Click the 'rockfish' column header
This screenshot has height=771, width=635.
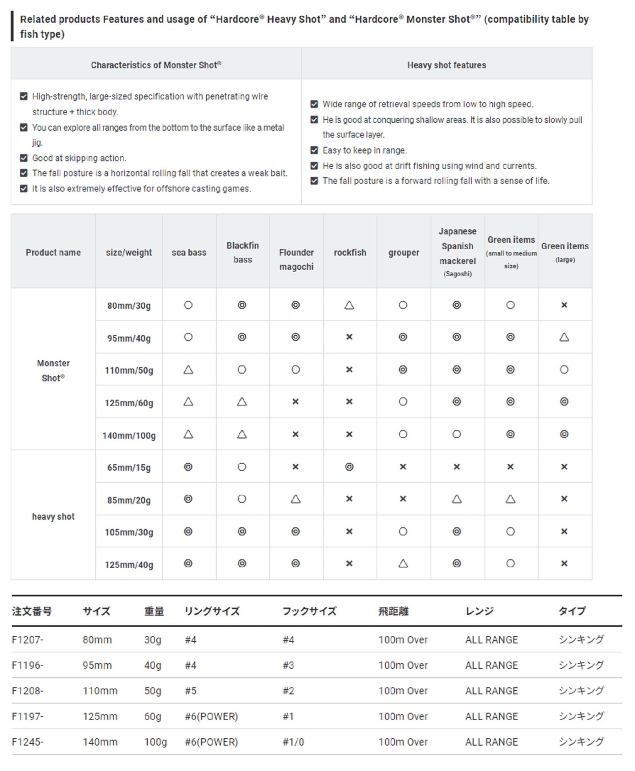(350, 253)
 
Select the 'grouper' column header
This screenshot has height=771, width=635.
(404, 253)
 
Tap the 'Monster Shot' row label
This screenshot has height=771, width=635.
(53, 370)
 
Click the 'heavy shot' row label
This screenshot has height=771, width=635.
(53, 517)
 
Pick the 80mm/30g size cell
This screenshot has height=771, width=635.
(129, 306)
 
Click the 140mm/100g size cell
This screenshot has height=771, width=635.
(129, 436)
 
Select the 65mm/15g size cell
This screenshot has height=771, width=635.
(129, 468)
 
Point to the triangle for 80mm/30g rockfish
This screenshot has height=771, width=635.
(349, 305)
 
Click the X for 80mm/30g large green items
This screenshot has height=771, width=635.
(564, 305)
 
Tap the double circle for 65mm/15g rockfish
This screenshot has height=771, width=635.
(349, 467)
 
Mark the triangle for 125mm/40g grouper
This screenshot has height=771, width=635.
(403, 564)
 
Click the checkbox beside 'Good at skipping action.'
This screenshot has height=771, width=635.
(24, 158)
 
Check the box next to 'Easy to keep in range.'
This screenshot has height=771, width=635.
(314, 150)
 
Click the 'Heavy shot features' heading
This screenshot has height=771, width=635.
(446, 65)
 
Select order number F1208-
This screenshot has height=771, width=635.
(28, 691)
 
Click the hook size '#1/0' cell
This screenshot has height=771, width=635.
(293, 742)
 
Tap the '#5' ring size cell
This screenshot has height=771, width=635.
(191, 691)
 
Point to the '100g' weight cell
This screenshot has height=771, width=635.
(155, 742)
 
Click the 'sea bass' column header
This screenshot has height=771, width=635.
(189, 253)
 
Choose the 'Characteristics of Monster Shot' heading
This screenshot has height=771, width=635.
(156, 65)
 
